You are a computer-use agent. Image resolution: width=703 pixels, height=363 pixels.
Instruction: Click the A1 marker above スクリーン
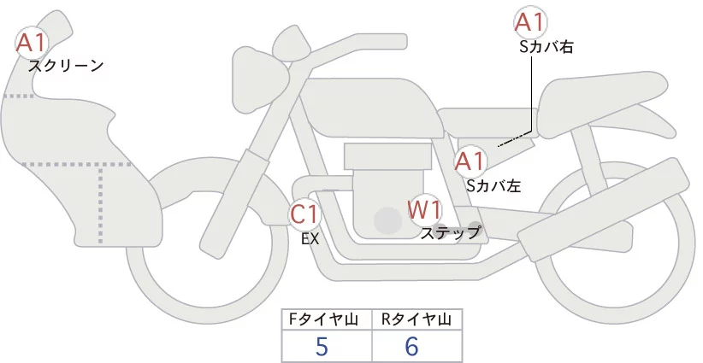(x=33, y=41)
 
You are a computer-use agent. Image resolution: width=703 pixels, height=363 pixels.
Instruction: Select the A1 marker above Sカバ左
(x=470, y=160)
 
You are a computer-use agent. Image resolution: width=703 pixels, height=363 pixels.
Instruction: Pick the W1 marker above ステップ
(x=424, y=208)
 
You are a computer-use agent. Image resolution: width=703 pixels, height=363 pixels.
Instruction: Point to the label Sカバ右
(x=546, y=48)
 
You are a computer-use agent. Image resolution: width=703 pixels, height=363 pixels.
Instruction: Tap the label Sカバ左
(x=493, y=184)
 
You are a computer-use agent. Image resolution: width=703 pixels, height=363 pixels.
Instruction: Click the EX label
(x=310, y=239)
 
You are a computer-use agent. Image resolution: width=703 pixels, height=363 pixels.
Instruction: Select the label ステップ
(x=451, y=231)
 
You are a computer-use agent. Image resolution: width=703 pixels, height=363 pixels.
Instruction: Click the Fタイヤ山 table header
(x=327, y=319)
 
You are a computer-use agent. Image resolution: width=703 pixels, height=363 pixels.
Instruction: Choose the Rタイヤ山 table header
(x=416, y=319)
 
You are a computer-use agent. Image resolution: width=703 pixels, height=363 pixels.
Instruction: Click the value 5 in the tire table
(x=322, y=347)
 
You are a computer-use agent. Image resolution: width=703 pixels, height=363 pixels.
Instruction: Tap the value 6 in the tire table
(x=412, y=347)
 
